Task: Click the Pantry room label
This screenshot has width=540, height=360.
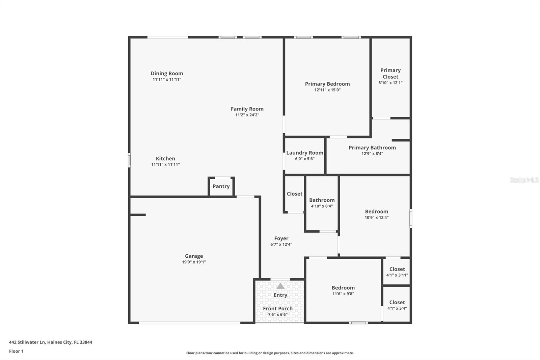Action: point(221,186)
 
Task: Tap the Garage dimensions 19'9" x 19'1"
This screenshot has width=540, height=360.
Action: point(194,262)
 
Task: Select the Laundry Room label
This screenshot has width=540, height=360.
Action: point(305,153)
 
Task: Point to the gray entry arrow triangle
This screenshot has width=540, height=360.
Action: point(280,286)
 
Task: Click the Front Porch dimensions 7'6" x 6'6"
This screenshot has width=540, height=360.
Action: point(277,315)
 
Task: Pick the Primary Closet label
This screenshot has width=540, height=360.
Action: point(390,74)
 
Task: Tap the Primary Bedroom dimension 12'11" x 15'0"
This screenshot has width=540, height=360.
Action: point(327,90)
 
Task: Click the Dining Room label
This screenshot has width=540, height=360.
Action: point(167,73)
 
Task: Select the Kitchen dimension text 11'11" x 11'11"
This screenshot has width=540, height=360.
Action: point(165,165)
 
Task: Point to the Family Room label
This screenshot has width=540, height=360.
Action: point(247,109)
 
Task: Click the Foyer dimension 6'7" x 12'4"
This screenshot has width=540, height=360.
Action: point(281,245)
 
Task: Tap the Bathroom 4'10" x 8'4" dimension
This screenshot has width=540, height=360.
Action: point(322,206)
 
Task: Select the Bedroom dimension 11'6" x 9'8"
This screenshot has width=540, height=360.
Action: point(343,294)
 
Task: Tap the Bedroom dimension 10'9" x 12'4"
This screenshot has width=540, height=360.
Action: point(376,218)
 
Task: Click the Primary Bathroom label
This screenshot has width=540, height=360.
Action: point(372,148)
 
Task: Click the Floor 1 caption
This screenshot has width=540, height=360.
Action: point(16,351)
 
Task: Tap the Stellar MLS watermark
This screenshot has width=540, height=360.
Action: point(524,180)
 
